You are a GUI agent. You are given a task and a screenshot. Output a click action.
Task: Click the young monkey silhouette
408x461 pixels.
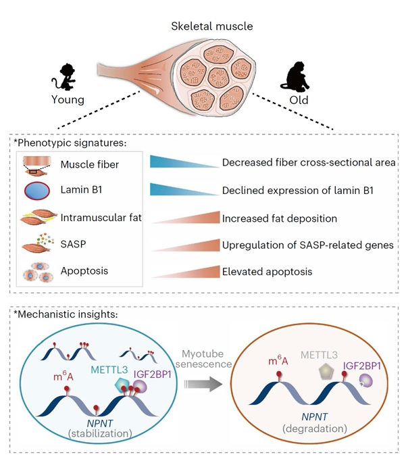click(64, 77)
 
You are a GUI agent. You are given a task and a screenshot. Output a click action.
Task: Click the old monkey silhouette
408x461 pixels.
click(295, 77)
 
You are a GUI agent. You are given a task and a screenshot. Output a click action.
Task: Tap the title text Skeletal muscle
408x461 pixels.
click(212, 26)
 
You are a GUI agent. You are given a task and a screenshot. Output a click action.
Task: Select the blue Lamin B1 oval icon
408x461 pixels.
click(36, 191)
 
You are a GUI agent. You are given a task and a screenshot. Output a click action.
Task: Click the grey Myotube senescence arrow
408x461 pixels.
click(203, 384)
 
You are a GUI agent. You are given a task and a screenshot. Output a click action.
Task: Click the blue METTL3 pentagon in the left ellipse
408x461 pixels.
click(122, 384)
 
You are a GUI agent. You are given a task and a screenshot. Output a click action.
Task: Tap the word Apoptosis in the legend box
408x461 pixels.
click(84, 271)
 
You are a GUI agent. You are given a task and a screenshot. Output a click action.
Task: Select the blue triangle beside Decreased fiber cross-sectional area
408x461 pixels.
click(184, 162)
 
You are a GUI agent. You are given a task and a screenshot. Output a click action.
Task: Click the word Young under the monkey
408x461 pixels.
click(68, 100)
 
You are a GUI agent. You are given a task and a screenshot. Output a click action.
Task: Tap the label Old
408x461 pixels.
click(299, 100)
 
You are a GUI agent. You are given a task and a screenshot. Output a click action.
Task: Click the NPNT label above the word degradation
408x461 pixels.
click(315, 416)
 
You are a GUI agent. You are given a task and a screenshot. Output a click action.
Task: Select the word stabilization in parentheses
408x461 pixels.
click(100, 433)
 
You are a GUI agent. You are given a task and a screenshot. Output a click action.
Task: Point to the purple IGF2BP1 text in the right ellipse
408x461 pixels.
click(362, 366)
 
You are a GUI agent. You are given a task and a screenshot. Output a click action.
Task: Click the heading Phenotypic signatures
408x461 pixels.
click(70, 143)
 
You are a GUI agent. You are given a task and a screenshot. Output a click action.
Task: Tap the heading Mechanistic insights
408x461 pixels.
click(66, 314)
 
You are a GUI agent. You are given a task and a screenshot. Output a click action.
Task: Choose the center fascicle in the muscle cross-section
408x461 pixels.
click(218, 77)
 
